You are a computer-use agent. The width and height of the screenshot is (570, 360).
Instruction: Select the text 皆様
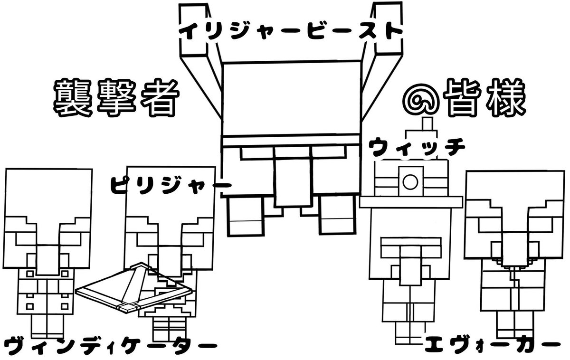pos(483,99)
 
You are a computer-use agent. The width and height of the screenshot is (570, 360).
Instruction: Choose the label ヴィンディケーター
pos(106,345)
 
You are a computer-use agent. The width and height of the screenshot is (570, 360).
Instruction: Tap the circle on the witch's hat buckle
pos(410,181)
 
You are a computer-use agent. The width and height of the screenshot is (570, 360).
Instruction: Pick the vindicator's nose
pos(47,259)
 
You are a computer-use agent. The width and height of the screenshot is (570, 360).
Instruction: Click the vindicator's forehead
pos(47,190)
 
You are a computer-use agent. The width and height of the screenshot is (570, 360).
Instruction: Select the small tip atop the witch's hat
pos(427,123)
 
